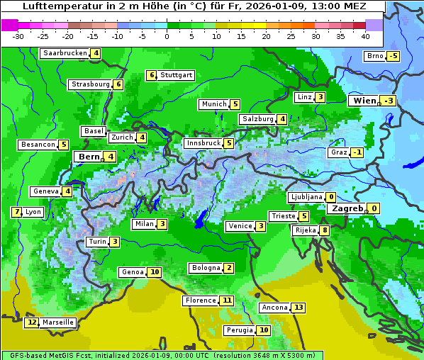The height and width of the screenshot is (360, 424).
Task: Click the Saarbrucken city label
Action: pos(65,53)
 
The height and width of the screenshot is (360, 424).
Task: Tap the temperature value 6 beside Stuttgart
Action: pos(151,75)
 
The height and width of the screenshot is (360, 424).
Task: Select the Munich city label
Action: pos(214,104)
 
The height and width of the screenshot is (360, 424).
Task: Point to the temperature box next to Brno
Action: pos(394,56)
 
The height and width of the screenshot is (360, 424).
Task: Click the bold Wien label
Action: pos(364,101)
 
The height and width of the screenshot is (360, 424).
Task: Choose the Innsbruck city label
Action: pos(203,143)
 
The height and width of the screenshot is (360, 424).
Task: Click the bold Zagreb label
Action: pos(347,208)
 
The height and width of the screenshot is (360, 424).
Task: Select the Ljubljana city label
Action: pos(306,197)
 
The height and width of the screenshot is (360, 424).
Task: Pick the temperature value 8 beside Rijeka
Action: pos(324,230)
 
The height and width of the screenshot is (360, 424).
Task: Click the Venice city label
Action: pos(240,226)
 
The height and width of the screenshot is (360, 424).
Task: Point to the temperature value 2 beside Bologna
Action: pos(228,268)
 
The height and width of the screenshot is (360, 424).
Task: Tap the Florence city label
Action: pos(201,300)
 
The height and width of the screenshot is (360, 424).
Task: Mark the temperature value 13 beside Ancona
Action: pos(299,308)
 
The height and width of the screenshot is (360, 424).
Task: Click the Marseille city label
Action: pos(58,322)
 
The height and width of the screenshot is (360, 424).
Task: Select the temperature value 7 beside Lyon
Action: pos(16,212)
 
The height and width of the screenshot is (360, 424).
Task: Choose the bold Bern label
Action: pos(89,157)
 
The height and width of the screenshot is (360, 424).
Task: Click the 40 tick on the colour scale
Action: pos(364,36)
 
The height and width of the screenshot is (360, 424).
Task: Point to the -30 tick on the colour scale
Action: pos(19,36)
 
